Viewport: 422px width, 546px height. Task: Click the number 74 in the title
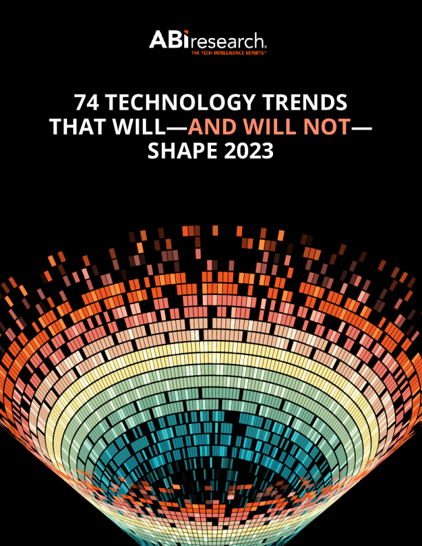(88, 103)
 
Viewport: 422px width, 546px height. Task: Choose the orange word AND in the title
(212, 127)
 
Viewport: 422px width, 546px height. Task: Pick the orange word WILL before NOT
(271, 127)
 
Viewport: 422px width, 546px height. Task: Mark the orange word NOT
(328, 127)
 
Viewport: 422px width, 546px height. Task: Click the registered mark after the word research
(268, 45)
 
